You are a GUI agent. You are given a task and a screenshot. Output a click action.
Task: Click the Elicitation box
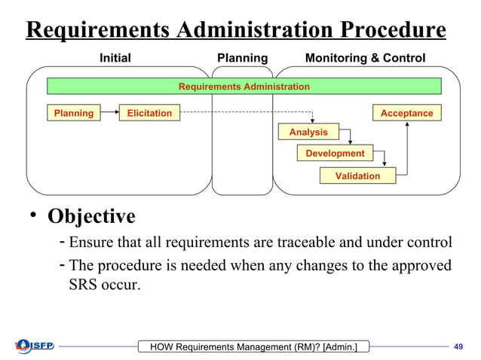[149, 114]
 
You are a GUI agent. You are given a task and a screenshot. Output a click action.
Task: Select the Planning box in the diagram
[74, 114]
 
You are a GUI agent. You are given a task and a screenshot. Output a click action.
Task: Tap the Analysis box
[308, 133]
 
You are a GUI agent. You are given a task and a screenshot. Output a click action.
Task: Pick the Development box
[335, 154]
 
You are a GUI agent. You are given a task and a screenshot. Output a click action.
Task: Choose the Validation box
[357, 176]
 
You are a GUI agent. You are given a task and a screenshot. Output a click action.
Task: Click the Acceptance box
[406, 114]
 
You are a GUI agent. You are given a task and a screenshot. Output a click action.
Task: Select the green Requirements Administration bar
[244, 87]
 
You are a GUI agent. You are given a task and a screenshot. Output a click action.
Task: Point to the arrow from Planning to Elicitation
[110, 114]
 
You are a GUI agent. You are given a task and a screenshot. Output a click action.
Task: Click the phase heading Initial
[115, 58]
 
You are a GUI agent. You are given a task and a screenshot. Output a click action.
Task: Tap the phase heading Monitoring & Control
[365, 58]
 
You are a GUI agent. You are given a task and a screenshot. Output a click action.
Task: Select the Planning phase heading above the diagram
[242, 58]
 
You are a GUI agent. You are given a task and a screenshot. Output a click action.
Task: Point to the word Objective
[92, 216]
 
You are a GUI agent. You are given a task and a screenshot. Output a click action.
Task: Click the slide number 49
[457, 346]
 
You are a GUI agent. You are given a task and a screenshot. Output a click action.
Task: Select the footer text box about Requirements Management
[249, 346]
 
